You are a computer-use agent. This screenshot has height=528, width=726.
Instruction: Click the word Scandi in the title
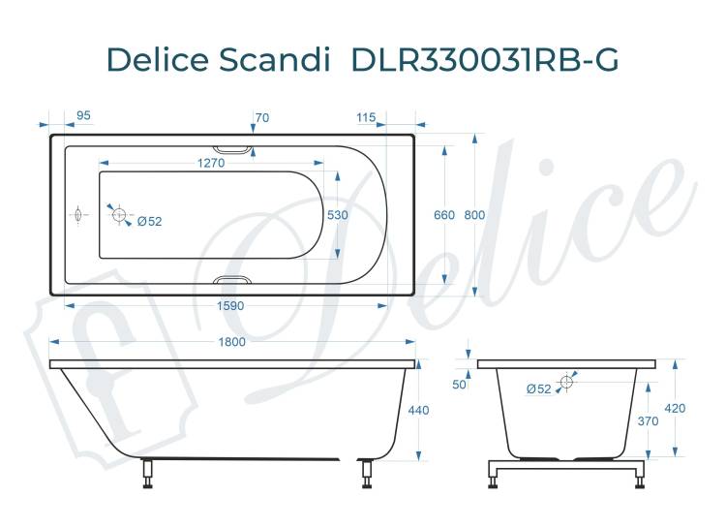click(x=274, y=59)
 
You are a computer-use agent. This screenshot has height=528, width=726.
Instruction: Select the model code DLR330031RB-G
click(x=485, y=59)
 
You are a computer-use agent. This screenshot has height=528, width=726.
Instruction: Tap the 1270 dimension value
click(x=211, y=163)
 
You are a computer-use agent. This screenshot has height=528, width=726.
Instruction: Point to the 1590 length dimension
click(x=230, y=306)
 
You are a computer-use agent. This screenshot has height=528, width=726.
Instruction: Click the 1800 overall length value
click(x=231, y=342)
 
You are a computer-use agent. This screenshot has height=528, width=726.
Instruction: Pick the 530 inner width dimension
click(x=337, y=215)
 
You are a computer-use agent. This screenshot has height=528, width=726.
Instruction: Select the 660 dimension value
click(x=444, y=215)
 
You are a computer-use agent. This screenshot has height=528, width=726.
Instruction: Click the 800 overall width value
click(x=474, y=215)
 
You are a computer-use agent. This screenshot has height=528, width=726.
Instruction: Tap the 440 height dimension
click(x=418, y=410)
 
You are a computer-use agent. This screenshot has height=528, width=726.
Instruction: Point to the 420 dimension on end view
click(x=675, y=409)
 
